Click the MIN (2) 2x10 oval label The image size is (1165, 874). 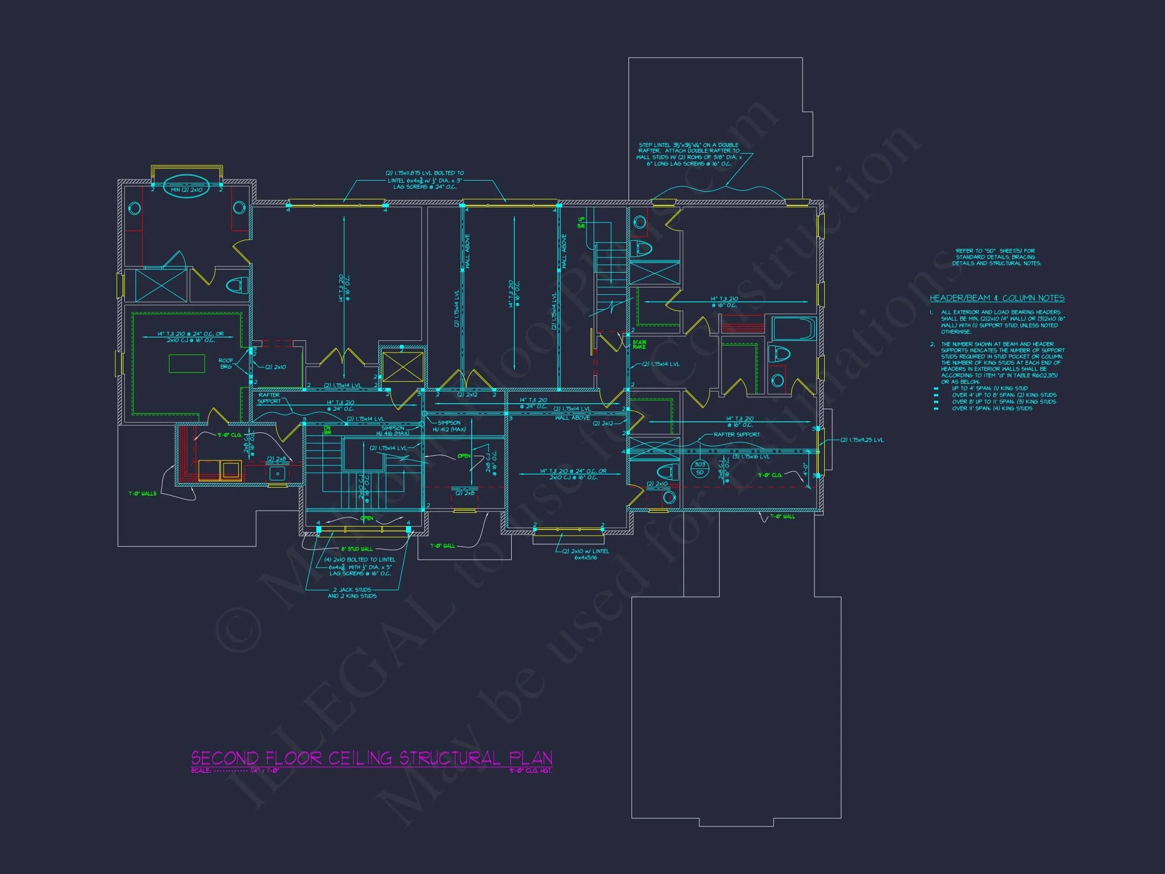(187, 190)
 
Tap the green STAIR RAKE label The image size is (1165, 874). (639, 344)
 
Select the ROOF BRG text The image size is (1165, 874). (226, 364)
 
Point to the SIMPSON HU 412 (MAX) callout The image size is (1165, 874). (449, 426)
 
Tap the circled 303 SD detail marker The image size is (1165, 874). (699, 468)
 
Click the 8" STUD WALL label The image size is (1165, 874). (356, 549)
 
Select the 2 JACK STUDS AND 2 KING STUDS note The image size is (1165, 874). (352, 593)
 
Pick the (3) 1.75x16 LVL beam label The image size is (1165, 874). (751, 456)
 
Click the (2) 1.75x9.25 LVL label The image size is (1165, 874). (862, 440)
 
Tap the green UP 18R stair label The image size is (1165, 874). (581, 223)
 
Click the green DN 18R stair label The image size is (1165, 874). (327, 430)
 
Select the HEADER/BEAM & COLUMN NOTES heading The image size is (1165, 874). (997, 298)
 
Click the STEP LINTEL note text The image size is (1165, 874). (690, 154)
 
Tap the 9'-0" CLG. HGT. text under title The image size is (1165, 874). (530, 771)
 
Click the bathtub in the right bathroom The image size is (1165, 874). (794, 329)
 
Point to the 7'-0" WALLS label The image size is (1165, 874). (142, 494)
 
